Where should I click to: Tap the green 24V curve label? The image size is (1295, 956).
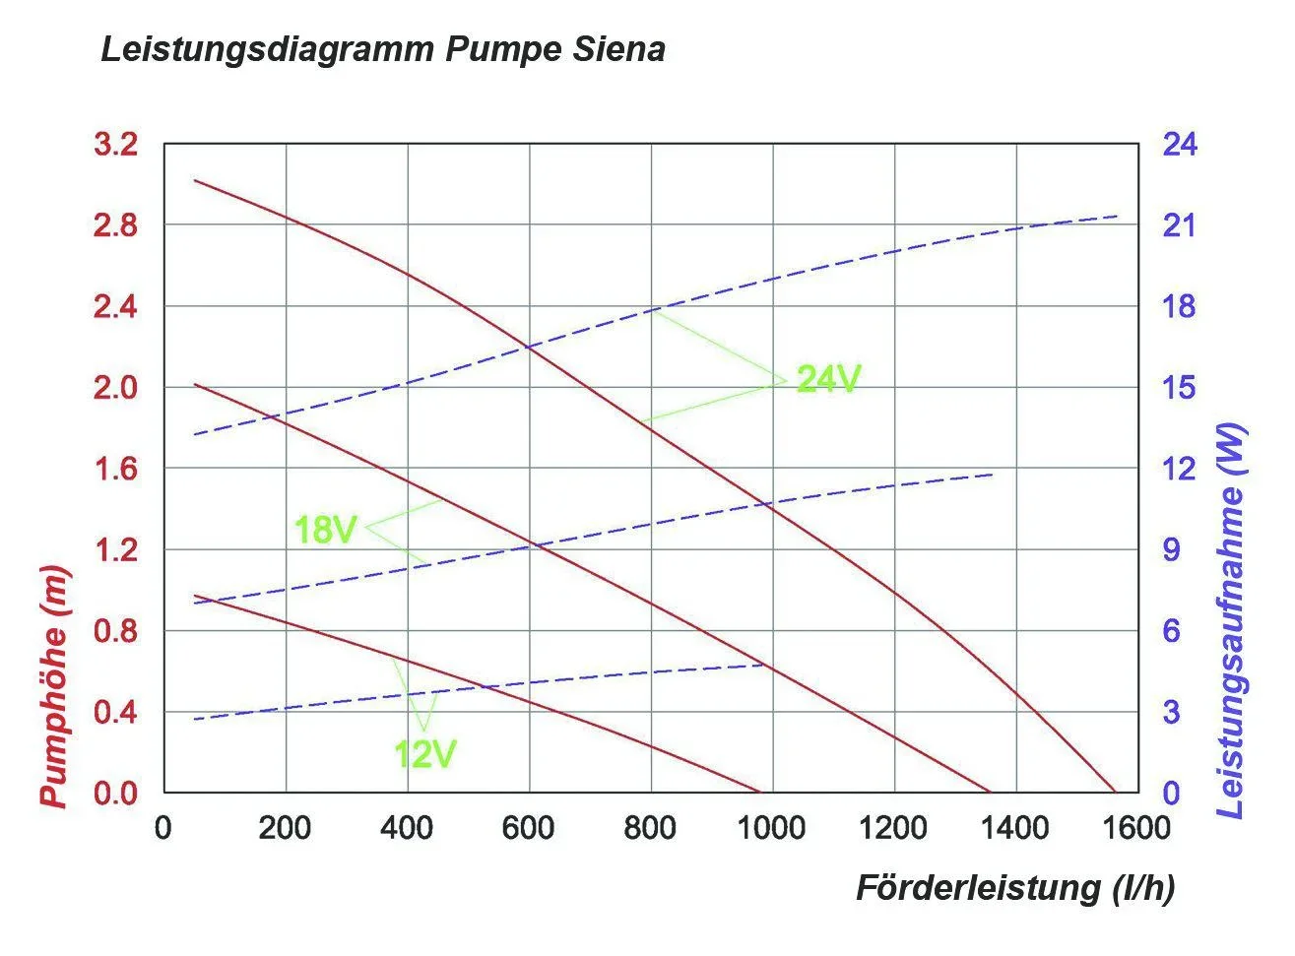[828, 379]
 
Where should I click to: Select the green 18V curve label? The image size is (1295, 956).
[325, 531]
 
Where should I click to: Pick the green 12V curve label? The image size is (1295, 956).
[424, 754]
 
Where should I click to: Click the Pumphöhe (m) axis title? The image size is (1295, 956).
[56, 687]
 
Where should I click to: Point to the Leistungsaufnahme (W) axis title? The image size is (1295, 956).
[1231, 620]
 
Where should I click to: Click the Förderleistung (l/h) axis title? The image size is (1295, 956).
[1014, 888]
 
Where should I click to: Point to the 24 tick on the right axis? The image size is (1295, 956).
[1179, 145]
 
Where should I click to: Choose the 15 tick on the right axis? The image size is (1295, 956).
[1179, 388]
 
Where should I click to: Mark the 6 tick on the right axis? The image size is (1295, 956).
[1171, 631]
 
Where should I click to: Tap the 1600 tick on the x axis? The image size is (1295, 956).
[1137, 828]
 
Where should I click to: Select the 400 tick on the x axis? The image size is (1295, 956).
[407, 828]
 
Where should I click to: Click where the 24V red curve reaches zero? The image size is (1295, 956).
[1115, 792]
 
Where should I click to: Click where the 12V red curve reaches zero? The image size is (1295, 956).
[760, 792]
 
